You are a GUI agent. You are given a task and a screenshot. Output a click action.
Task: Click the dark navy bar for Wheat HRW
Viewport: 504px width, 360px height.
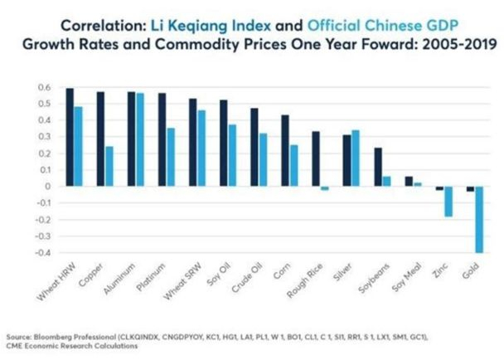pos(70,137)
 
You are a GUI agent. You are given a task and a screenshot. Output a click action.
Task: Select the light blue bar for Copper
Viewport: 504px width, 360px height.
pos(109,166)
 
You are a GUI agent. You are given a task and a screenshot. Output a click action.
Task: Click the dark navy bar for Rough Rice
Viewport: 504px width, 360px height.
pos(315,158)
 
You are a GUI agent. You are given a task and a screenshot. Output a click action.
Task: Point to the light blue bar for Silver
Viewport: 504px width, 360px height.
pos(356,158)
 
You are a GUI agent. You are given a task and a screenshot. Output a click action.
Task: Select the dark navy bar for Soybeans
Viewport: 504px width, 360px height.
pos(377,167)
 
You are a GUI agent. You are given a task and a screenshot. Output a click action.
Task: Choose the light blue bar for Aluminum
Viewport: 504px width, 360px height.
pos(140,139)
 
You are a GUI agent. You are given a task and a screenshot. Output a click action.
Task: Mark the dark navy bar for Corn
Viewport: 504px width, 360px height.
pos(285,150)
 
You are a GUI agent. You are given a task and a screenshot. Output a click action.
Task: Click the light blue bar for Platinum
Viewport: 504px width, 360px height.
pos(171,157)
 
